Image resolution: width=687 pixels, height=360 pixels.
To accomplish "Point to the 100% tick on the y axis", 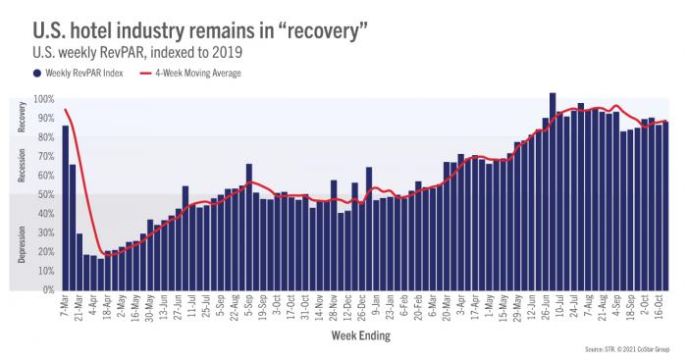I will [x=43, y=99].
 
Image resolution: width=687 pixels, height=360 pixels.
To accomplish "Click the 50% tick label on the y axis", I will [x=45, y=195].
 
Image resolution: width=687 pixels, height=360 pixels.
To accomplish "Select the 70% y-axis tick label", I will [x=45, y=157].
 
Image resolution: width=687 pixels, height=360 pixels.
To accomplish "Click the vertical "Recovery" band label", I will [x=22, y=117].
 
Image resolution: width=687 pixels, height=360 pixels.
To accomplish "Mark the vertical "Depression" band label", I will [x=22, y=241].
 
